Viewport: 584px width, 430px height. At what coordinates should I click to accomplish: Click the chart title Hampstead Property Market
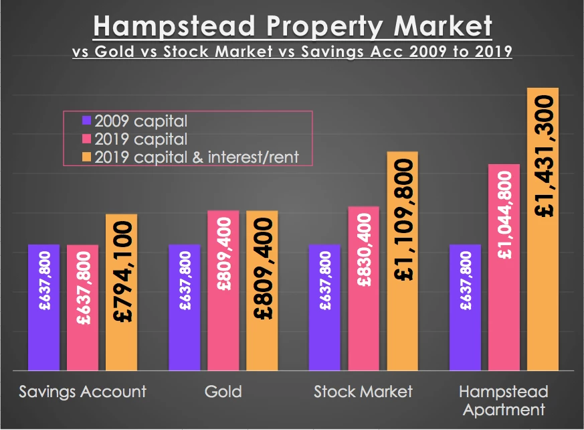pos(292,27)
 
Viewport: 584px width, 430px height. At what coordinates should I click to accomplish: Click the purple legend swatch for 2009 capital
pos(87,121)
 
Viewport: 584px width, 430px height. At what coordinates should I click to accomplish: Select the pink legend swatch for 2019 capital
pos(87,139)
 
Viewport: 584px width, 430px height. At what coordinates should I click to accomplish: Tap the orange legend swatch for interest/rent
pos(87,157)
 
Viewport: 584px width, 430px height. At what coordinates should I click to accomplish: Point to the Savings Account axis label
pos(83,391)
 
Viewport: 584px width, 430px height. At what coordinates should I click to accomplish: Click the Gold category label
pos(223,391)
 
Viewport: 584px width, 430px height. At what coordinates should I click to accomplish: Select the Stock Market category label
pos(364,391)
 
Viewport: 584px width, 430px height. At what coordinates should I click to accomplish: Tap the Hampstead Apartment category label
pos(504,400)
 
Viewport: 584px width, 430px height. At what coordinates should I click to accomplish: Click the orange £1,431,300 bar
pos(543,228)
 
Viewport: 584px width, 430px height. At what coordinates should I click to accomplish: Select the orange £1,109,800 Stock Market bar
pos(402,261)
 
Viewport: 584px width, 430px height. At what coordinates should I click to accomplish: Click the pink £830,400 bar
pos(363,288)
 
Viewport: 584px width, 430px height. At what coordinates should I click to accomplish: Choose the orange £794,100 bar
pos(121,292)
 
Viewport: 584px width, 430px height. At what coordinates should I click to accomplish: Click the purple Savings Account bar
pos(43,307)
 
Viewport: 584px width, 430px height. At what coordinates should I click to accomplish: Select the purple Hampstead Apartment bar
pos(465,307)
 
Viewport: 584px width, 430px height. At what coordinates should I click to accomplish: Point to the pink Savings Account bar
pos(82,307)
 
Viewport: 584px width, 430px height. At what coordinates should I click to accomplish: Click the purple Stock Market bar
pos(324,307)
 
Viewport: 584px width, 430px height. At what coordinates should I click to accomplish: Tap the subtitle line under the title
pos(292,52)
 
